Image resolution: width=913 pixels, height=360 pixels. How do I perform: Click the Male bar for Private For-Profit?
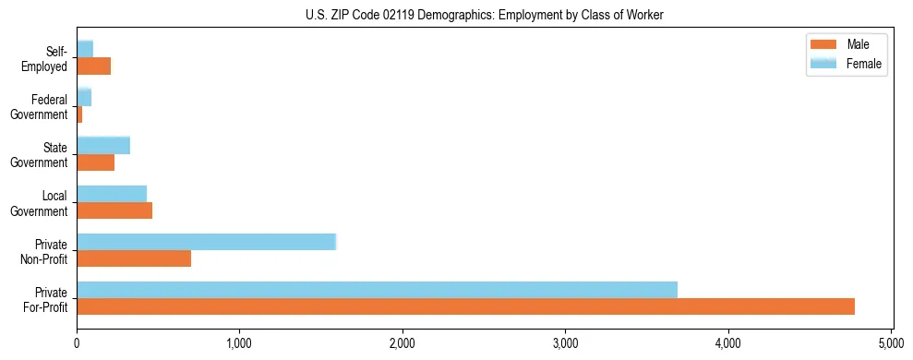pyautogui.click(x=465, y=306)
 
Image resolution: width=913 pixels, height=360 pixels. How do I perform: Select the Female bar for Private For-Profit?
pyautogui.click(x=377, y=289)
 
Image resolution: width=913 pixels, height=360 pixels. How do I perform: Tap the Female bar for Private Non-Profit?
pyautogui.click(x=206, y=241)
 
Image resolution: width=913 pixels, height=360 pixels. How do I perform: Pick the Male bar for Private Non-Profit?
pyautogui.click(x=134, y=258)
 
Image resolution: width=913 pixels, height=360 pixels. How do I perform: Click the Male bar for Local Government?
pyautogui.click(x=114, y=210)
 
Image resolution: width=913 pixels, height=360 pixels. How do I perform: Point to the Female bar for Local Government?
pyautogui.click(x=112, y=193)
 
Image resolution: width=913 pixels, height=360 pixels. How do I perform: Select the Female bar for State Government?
pyautogui.click(x=103, y=145)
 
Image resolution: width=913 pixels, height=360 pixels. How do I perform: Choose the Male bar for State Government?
pyautogui.click(x=95, y=162)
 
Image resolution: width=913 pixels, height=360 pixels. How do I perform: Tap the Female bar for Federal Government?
pyautogui.click(x=84, y=97)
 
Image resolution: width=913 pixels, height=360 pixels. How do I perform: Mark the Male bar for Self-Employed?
pyautogui.click(x=93, y=66)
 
